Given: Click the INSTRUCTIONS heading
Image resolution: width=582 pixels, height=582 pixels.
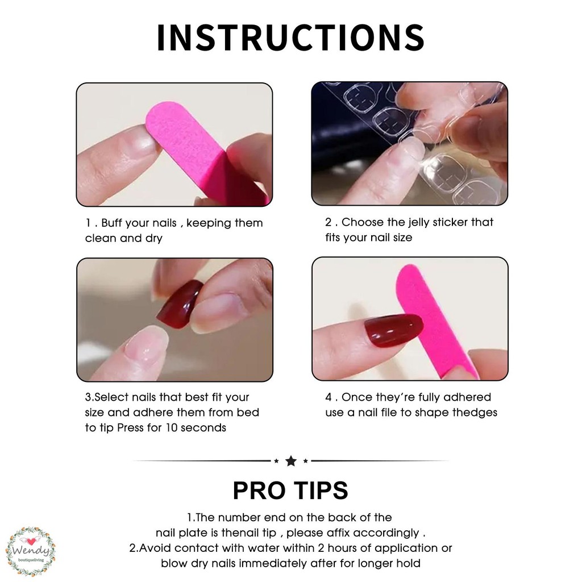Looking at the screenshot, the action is point(290,37).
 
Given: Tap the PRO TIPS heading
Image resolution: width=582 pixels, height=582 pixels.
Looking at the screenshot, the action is point(290,490).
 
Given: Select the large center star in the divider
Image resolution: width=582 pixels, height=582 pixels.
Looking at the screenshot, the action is point(291,461).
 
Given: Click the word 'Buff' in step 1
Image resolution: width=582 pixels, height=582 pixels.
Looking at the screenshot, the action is point(111,223).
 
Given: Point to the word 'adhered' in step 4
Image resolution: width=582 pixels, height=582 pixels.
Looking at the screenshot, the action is point(467,397).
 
